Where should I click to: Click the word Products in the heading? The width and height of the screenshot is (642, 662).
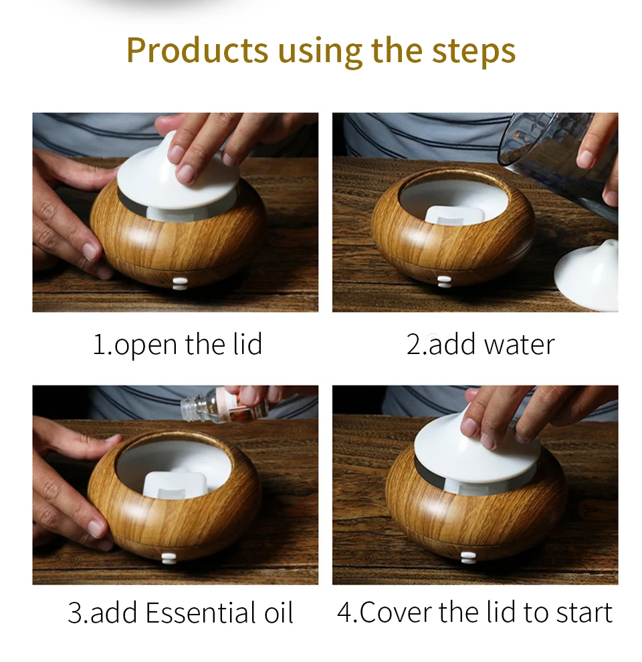point(197,50)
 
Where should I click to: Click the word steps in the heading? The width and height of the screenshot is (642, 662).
point(473,51)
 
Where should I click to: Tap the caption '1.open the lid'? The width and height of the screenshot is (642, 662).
point(177,345)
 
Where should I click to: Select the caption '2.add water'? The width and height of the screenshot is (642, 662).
point(480,345)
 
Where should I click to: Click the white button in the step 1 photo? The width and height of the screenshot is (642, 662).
point(180,283)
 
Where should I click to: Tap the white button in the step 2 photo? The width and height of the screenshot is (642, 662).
point(444,282)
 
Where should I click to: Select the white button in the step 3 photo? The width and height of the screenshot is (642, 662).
point(169,559)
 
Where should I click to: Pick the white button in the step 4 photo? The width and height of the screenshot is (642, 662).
point(468,557)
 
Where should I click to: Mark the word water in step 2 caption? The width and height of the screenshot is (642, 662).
point(520,345)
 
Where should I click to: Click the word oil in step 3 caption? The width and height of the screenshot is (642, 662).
point(279,612)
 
